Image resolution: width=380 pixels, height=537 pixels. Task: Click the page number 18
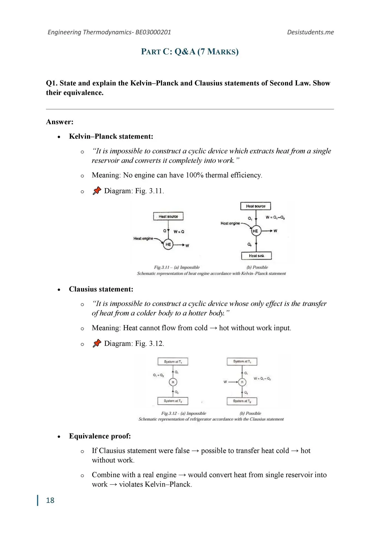click(x=50, y=500)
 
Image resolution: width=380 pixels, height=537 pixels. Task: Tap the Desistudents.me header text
click(x=310, y=32)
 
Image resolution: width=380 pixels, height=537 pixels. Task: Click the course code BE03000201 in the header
click(x=153, y=32)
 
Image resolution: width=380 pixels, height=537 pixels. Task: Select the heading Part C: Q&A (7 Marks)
click(x=190, y=52)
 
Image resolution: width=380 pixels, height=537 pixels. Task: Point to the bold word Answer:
click(x=60, y=122)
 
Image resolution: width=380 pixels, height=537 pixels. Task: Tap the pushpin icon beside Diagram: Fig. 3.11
click(x=97, y=191)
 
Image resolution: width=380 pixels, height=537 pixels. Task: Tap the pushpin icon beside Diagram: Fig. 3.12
click(x=97, y=343)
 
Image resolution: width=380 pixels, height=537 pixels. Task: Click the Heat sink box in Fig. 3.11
click(x=256, y=256)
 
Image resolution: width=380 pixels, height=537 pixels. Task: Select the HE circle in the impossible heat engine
click(x=168, y=244)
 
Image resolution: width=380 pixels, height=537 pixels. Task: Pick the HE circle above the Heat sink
click(x=255, y=231)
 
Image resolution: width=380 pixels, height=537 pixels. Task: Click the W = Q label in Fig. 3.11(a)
click(x=179, y=232)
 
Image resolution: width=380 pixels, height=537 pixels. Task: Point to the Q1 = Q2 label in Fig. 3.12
click(x=158, y=375)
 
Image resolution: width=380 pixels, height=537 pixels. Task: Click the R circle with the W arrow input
click(x=242, y=382)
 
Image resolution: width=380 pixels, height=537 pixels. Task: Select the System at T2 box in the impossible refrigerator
click(x=173, y=401)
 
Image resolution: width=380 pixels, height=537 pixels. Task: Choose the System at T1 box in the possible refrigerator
click(x=242, y=362)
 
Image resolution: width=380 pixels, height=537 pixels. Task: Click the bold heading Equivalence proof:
click(x=100, y=436)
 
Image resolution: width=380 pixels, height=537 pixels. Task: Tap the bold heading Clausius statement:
click(x=101, y=289)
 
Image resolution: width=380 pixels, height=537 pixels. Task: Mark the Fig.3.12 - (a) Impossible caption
click(x=184, y=413)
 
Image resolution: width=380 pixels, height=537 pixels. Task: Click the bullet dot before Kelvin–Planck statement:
click(x=59, y=137)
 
